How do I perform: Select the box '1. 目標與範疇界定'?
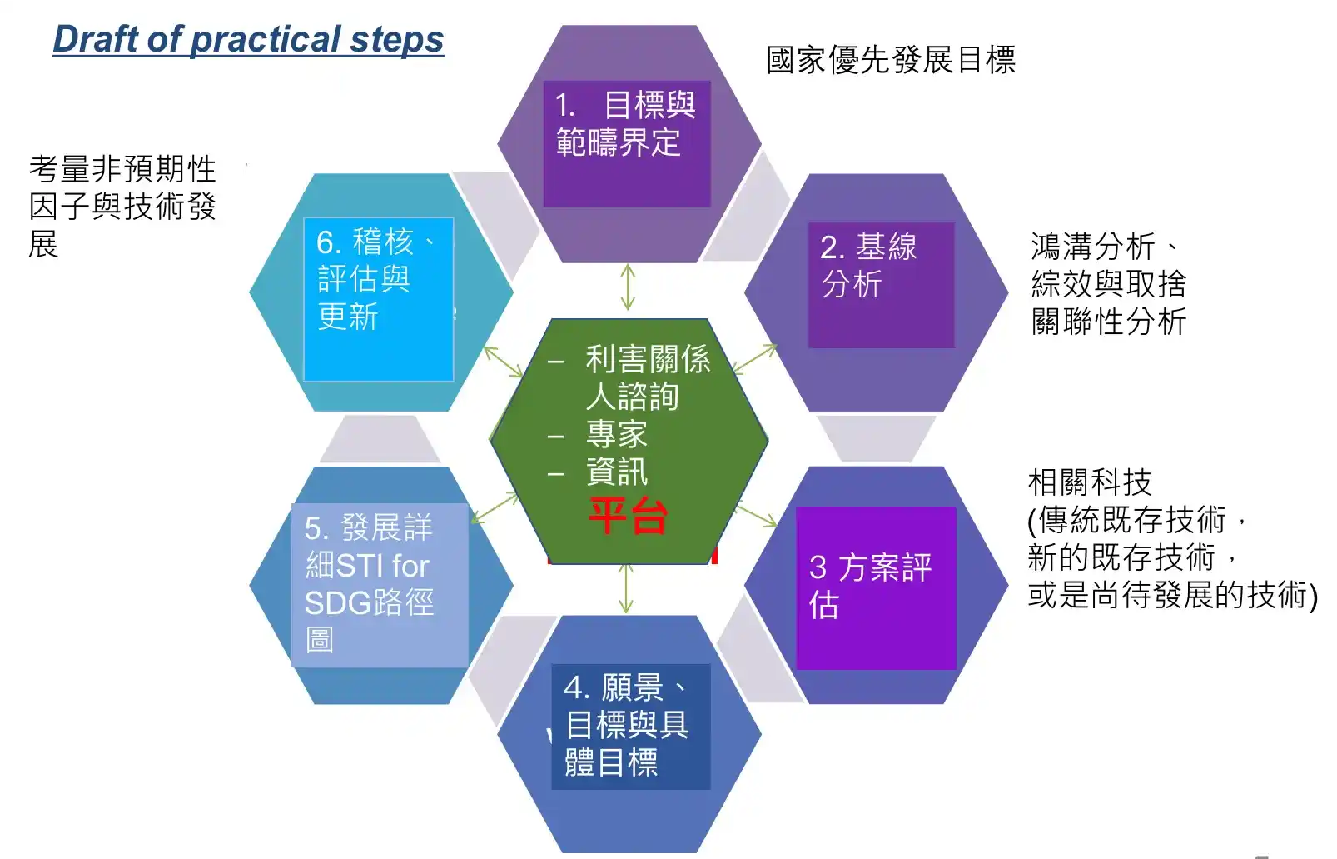pyautogui.click(x=627, y=144)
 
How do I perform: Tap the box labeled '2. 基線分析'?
pyautogui.click(x=882, y=285)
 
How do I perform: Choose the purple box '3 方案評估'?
pyautogui.click(x=877, y=587)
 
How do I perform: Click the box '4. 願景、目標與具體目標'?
pyautogui.click(x=631, y=727)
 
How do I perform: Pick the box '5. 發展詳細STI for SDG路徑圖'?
pyautogui.click(x=380, y=585)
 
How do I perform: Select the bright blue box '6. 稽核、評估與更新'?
pyautogui.click(x=379, y=299)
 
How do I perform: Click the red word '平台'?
pyautogui.click(x=628, y=516)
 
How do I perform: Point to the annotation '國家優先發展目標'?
pyautogui.click(x=891, y=60)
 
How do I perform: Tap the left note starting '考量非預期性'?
pyautogui.click(x=122, y=206)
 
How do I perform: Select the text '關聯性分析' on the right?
pyautogui.click(x=1108, y=322)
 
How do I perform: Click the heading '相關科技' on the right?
pyautogui.click(x=1089, y=482)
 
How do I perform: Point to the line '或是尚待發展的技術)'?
pyautogui.click(x=1173, y=595)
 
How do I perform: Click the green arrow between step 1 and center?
pyautogui.click(x=628, y=287)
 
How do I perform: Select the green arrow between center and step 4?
pyautogui.click(x=625, y=589)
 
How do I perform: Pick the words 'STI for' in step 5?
pyautogui.click(x=383, y=566)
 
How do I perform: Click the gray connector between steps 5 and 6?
pyautogui.click(x=380, y=439)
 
